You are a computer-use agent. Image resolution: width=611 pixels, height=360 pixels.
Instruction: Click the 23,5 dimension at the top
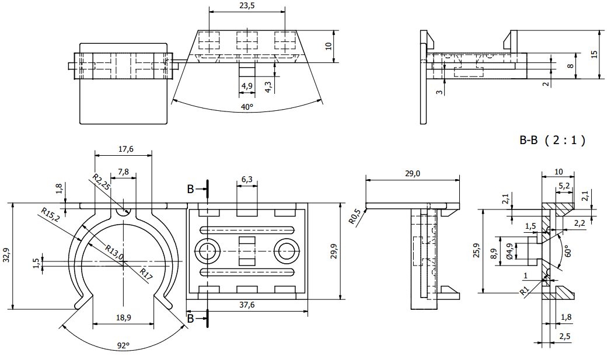pyautogui.click(x=247, y=5)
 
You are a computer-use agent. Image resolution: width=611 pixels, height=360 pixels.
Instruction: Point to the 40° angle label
pyautogui.click(x=247, y=107)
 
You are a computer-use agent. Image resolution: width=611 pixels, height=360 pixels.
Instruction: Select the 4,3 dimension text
pyautogui.click(x=268, y=87)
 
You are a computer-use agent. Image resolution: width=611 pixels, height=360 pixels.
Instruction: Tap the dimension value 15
pyautogui.click(x=594, y=54)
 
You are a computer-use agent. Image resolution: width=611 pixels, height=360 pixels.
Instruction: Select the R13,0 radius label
pyautogui.click(x=114, y=252)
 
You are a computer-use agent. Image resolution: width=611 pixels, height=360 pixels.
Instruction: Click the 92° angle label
pyautogui.click(x=123, y=345)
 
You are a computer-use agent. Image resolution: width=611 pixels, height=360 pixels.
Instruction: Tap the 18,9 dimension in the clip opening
pyautogui.click(x=123, y=318)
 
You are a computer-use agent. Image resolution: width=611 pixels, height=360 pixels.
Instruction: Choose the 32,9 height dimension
pyautogui.click(x=6, y=255)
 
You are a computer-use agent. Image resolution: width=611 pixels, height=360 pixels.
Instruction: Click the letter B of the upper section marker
pyautogui.click(x=190, y=190)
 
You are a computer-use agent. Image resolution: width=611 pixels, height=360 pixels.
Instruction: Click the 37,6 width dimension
pyautogui.click(x=247, y=305)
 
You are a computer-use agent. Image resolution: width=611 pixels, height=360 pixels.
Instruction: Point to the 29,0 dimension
pyautogui.click(x=412, y=173)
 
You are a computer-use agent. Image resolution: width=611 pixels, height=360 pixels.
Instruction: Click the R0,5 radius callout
pyautogui.click(x=354, y=216)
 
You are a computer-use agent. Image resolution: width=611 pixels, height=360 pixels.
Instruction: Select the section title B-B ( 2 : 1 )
pyautogui.click(x=552, y=140)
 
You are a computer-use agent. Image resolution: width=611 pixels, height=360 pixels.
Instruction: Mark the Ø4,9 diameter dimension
pyautogui.click(x=509, y=251)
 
